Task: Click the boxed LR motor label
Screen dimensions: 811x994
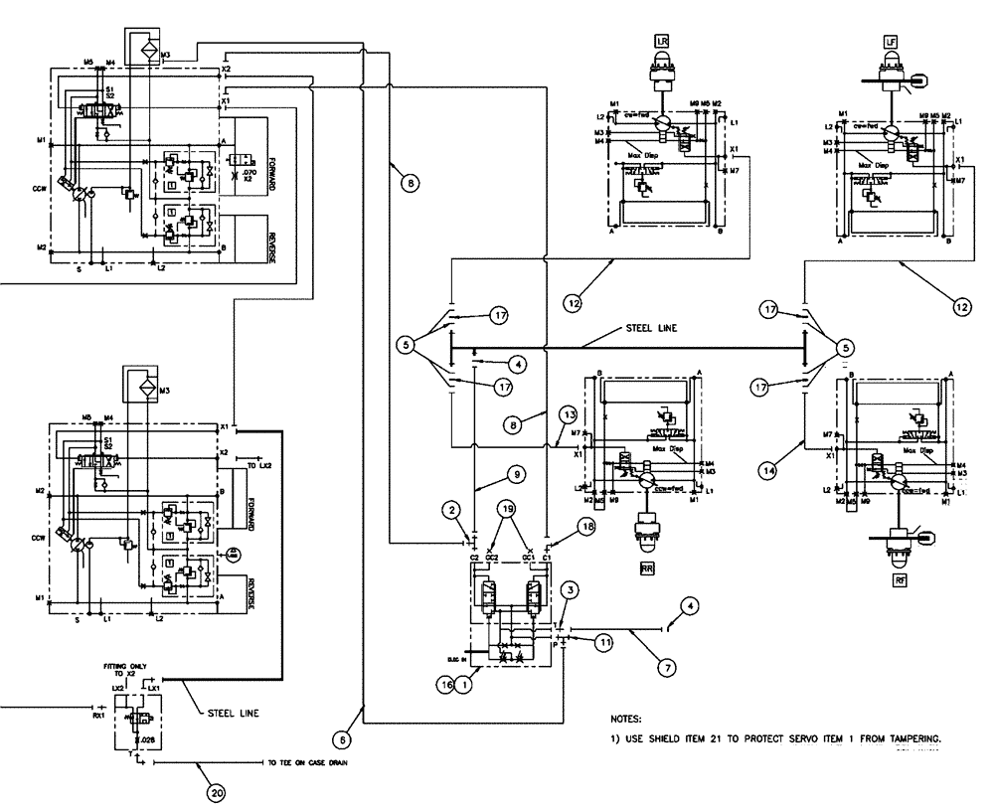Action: pos(662,41)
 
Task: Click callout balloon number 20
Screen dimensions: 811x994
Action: pos(216,792)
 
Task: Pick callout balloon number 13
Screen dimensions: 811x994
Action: pos(567,413)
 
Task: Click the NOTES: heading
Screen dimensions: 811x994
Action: pos(627,717)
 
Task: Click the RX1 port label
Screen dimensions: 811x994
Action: pos(98,715)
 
